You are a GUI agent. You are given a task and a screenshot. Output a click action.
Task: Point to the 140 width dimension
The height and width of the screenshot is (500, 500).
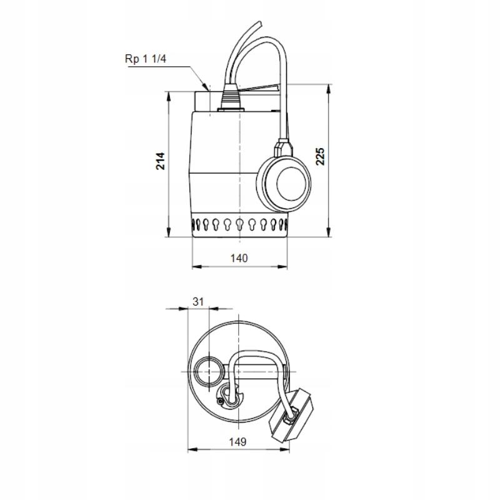(x=239, y=257)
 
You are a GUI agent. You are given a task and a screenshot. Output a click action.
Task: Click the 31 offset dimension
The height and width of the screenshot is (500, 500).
(x=198, y=301)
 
